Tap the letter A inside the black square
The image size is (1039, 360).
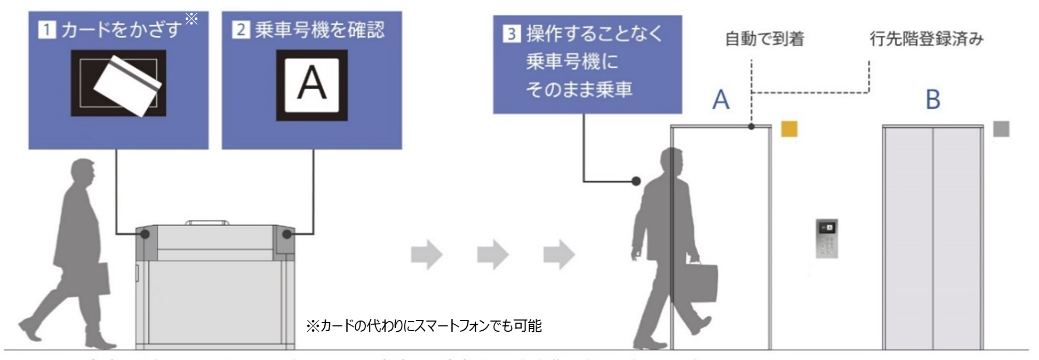tap(312, 85)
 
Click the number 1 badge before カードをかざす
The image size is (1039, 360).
tap(46, 30)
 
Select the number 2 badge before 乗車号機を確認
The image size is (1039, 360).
tap(241, 30)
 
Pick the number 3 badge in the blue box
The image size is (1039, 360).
tap(511, 34)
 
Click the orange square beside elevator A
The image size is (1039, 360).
tap(789, 129)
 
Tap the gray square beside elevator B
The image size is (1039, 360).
tap(1001, 129)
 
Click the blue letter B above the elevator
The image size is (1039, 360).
tap(933, 100)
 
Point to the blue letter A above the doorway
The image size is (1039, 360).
tap(721, 100)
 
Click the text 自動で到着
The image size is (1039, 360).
tap(764, 39)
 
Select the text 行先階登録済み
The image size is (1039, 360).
tap(926, 39)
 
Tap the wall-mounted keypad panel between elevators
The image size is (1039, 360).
tap(827, 238)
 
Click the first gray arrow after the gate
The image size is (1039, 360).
tap(427, 254)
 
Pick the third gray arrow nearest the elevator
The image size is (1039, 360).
tap(559, 254)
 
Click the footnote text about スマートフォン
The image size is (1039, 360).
tap(424, 326)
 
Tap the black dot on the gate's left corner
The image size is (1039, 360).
tap(145, 234)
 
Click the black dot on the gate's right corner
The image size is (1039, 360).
tap(287, 234)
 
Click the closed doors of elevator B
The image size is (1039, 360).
tap(932, 240)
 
